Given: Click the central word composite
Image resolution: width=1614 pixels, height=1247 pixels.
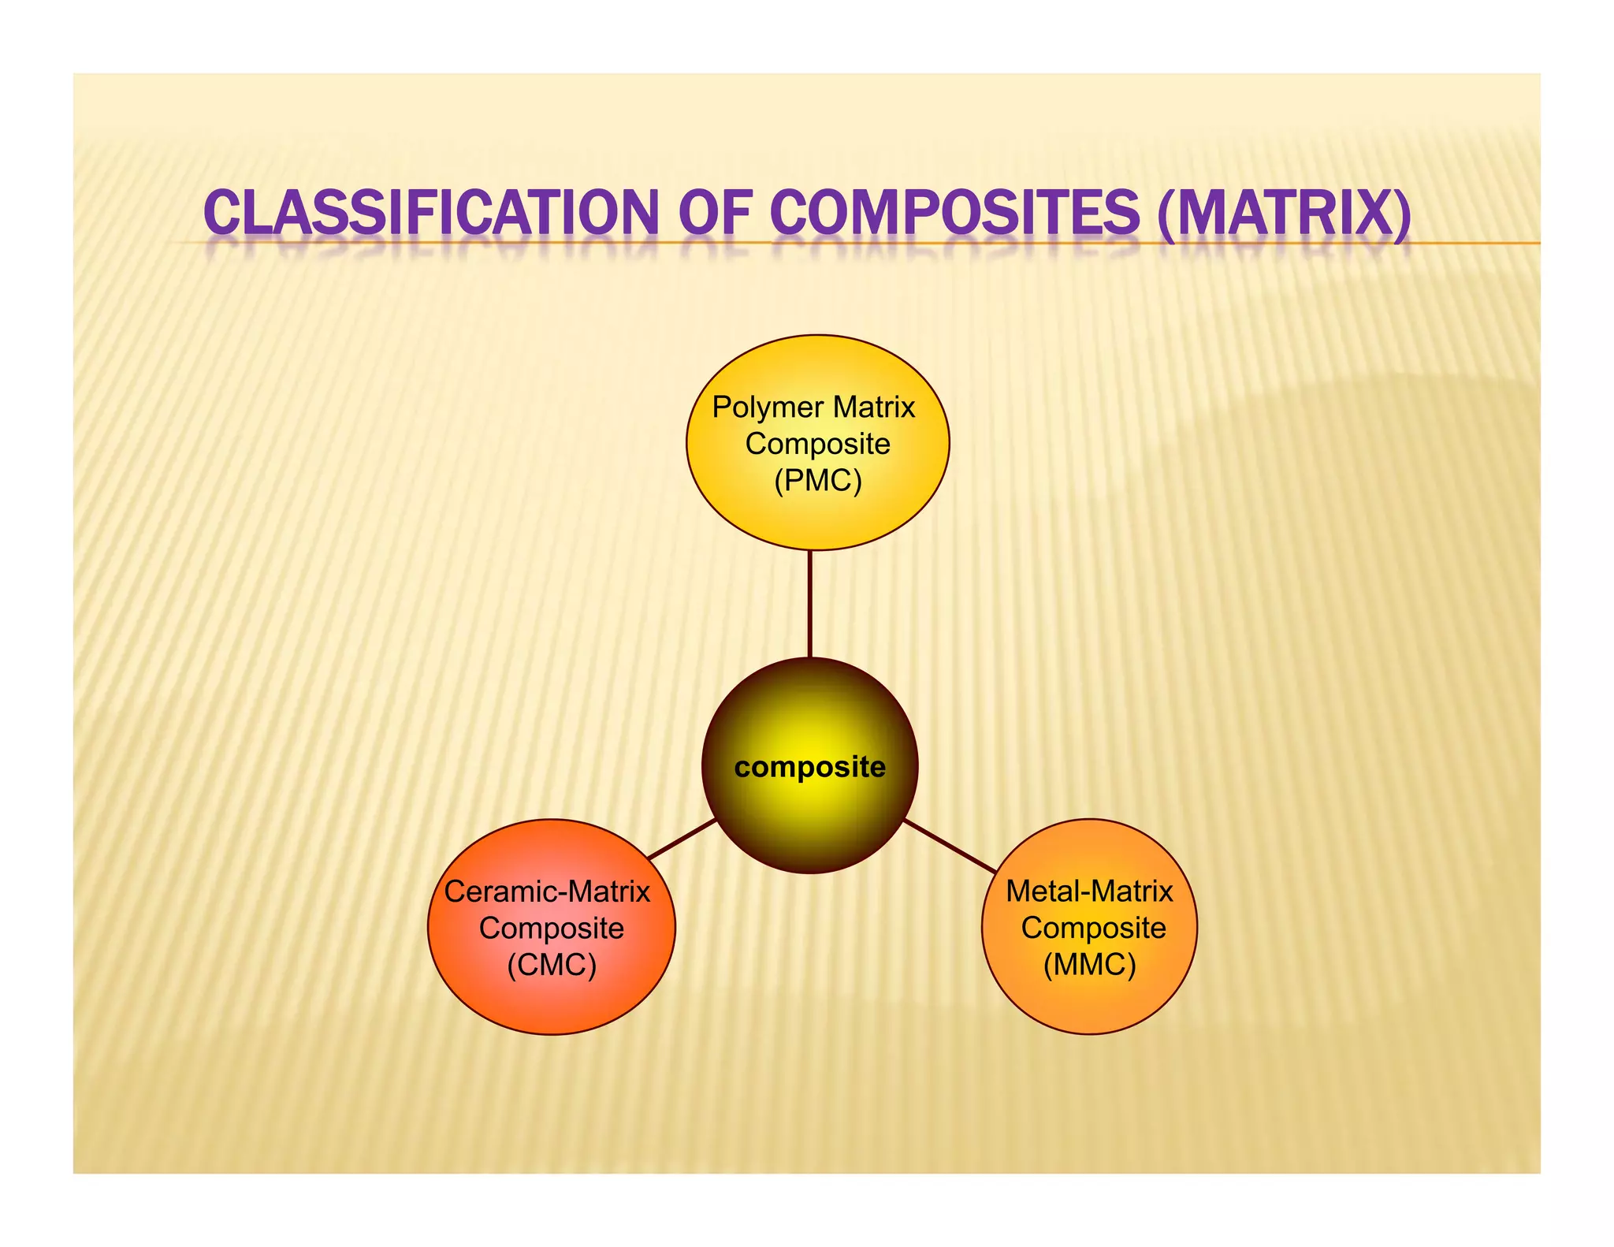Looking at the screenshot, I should pos(809,767).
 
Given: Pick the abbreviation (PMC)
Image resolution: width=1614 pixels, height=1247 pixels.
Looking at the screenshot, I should pos(817,480).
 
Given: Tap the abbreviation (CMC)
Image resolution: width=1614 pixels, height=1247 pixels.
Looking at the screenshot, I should pos(551,964).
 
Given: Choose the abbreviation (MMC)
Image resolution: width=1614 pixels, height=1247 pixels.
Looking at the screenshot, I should pos(1089,964).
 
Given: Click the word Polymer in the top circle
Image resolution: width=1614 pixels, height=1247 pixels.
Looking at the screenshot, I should pos(768,408).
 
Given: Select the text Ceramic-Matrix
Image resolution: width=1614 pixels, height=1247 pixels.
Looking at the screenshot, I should pos(547,892).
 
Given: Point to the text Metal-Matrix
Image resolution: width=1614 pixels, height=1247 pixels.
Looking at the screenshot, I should pos(1089,892).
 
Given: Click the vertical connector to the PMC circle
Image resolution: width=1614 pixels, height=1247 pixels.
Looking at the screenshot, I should pos(809,603).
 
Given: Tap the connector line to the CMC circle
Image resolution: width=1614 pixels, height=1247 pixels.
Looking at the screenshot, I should pos(682,839).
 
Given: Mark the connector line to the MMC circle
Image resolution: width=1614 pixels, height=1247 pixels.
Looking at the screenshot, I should pos(949,846).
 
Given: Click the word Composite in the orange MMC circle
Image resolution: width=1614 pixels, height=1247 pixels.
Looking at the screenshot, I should pos(1093,928).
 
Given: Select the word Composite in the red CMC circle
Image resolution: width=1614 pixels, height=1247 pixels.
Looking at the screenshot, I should pos(551,928).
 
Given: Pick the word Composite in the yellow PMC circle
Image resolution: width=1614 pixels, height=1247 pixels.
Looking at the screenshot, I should pos(817,444).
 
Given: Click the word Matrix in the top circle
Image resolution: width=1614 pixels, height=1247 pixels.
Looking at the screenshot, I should pos(874,408).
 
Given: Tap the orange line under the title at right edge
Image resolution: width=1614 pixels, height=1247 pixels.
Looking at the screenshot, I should pos(1497,243).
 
